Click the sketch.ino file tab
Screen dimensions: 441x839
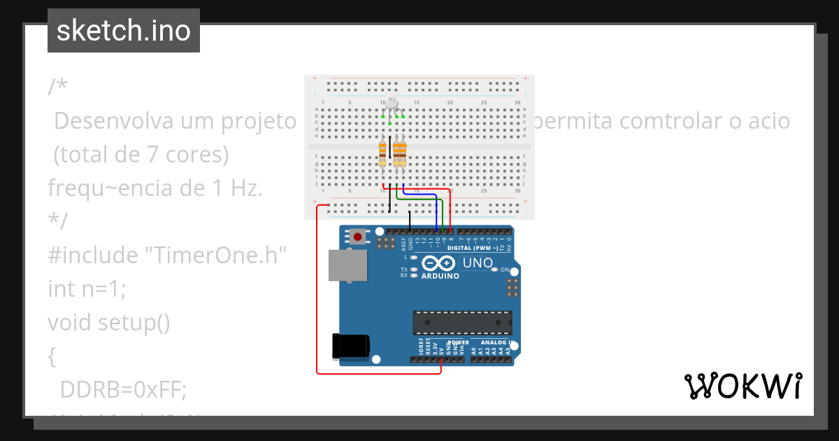click(x=124, y=31)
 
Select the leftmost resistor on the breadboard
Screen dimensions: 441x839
click(x=382, y=152)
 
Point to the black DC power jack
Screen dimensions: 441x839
click(x=350, y=346)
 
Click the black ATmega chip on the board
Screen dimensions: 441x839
click(x=462, y=322)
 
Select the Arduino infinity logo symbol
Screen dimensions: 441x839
click(x=438, y=263)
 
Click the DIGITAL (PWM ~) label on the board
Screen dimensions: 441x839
click(x=472, y=248)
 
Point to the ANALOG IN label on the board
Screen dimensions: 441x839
click(x=496, y=343)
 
